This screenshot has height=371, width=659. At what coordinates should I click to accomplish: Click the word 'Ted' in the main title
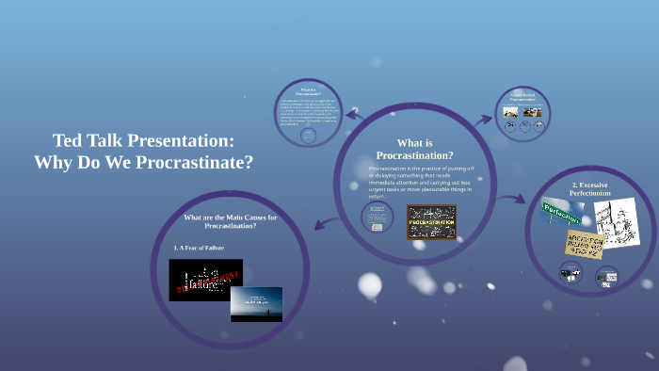point(67,141)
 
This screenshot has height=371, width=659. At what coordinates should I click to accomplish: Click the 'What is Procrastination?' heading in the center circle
point(414,149)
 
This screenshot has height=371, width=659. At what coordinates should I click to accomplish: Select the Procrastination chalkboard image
point(431,222)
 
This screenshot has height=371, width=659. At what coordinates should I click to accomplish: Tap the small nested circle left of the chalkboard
point(378,218)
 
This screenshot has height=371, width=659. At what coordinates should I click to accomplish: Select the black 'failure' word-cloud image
point(205,280)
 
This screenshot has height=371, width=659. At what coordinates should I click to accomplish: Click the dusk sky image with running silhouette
point(256,304)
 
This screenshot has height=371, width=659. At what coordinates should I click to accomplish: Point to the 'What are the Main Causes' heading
point(231,222)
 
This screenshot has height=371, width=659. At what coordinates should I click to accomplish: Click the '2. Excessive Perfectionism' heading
point(591,187)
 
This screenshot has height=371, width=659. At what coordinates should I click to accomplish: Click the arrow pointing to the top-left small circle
point(354,115)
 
